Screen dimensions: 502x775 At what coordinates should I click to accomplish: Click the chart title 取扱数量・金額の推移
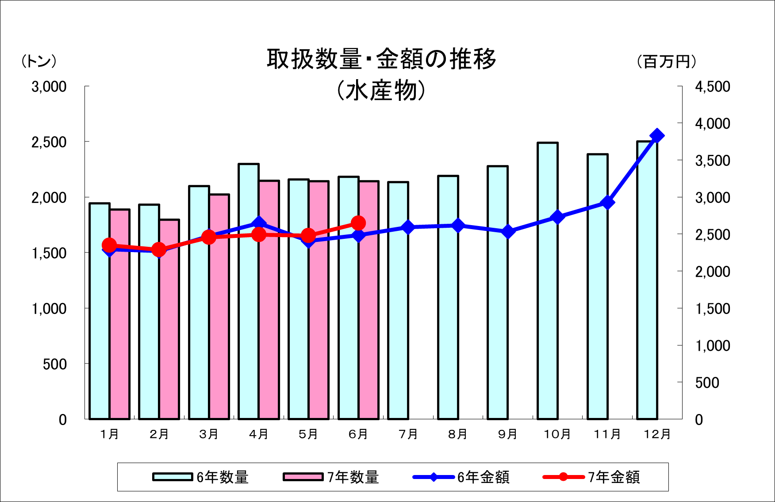[x=381, y=60]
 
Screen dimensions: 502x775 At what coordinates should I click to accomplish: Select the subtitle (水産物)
[x=381, y=91]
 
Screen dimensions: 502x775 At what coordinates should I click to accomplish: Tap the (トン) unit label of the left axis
[x=39, y=61]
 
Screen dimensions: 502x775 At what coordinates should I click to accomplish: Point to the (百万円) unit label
[x=667, y=61]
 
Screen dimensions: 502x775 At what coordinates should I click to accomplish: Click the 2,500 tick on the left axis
[x=49, y=142]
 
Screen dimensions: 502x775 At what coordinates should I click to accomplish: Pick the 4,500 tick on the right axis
[x=712, y=87]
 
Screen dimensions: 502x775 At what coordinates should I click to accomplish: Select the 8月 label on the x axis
[x=458, y=434]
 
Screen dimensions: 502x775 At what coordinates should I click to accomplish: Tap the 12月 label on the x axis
[x=657, y=434]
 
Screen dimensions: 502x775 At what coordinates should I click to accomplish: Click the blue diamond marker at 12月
[x=657, y=136]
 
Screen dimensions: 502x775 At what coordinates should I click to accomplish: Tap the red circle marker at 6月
[x=358, y=223]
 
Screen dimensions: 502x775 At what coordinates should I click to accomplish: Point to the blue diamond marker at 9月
[x=508, y=232]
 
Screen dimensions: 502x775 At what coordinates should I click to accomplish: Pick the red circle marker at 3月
[x=209, y=237]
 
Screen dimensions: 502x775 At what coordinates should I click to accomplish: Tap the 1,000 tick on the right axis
[x=712, y=346]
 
